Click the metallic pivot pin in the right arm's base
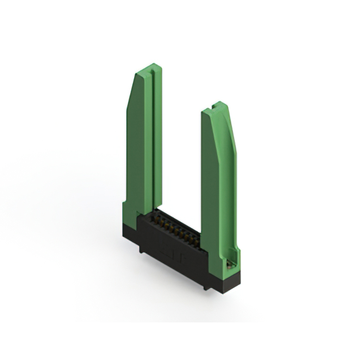tap(229, 263)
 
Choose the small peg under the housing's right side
tap(206, 287)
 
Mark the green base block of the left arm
tap(131, 212)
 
